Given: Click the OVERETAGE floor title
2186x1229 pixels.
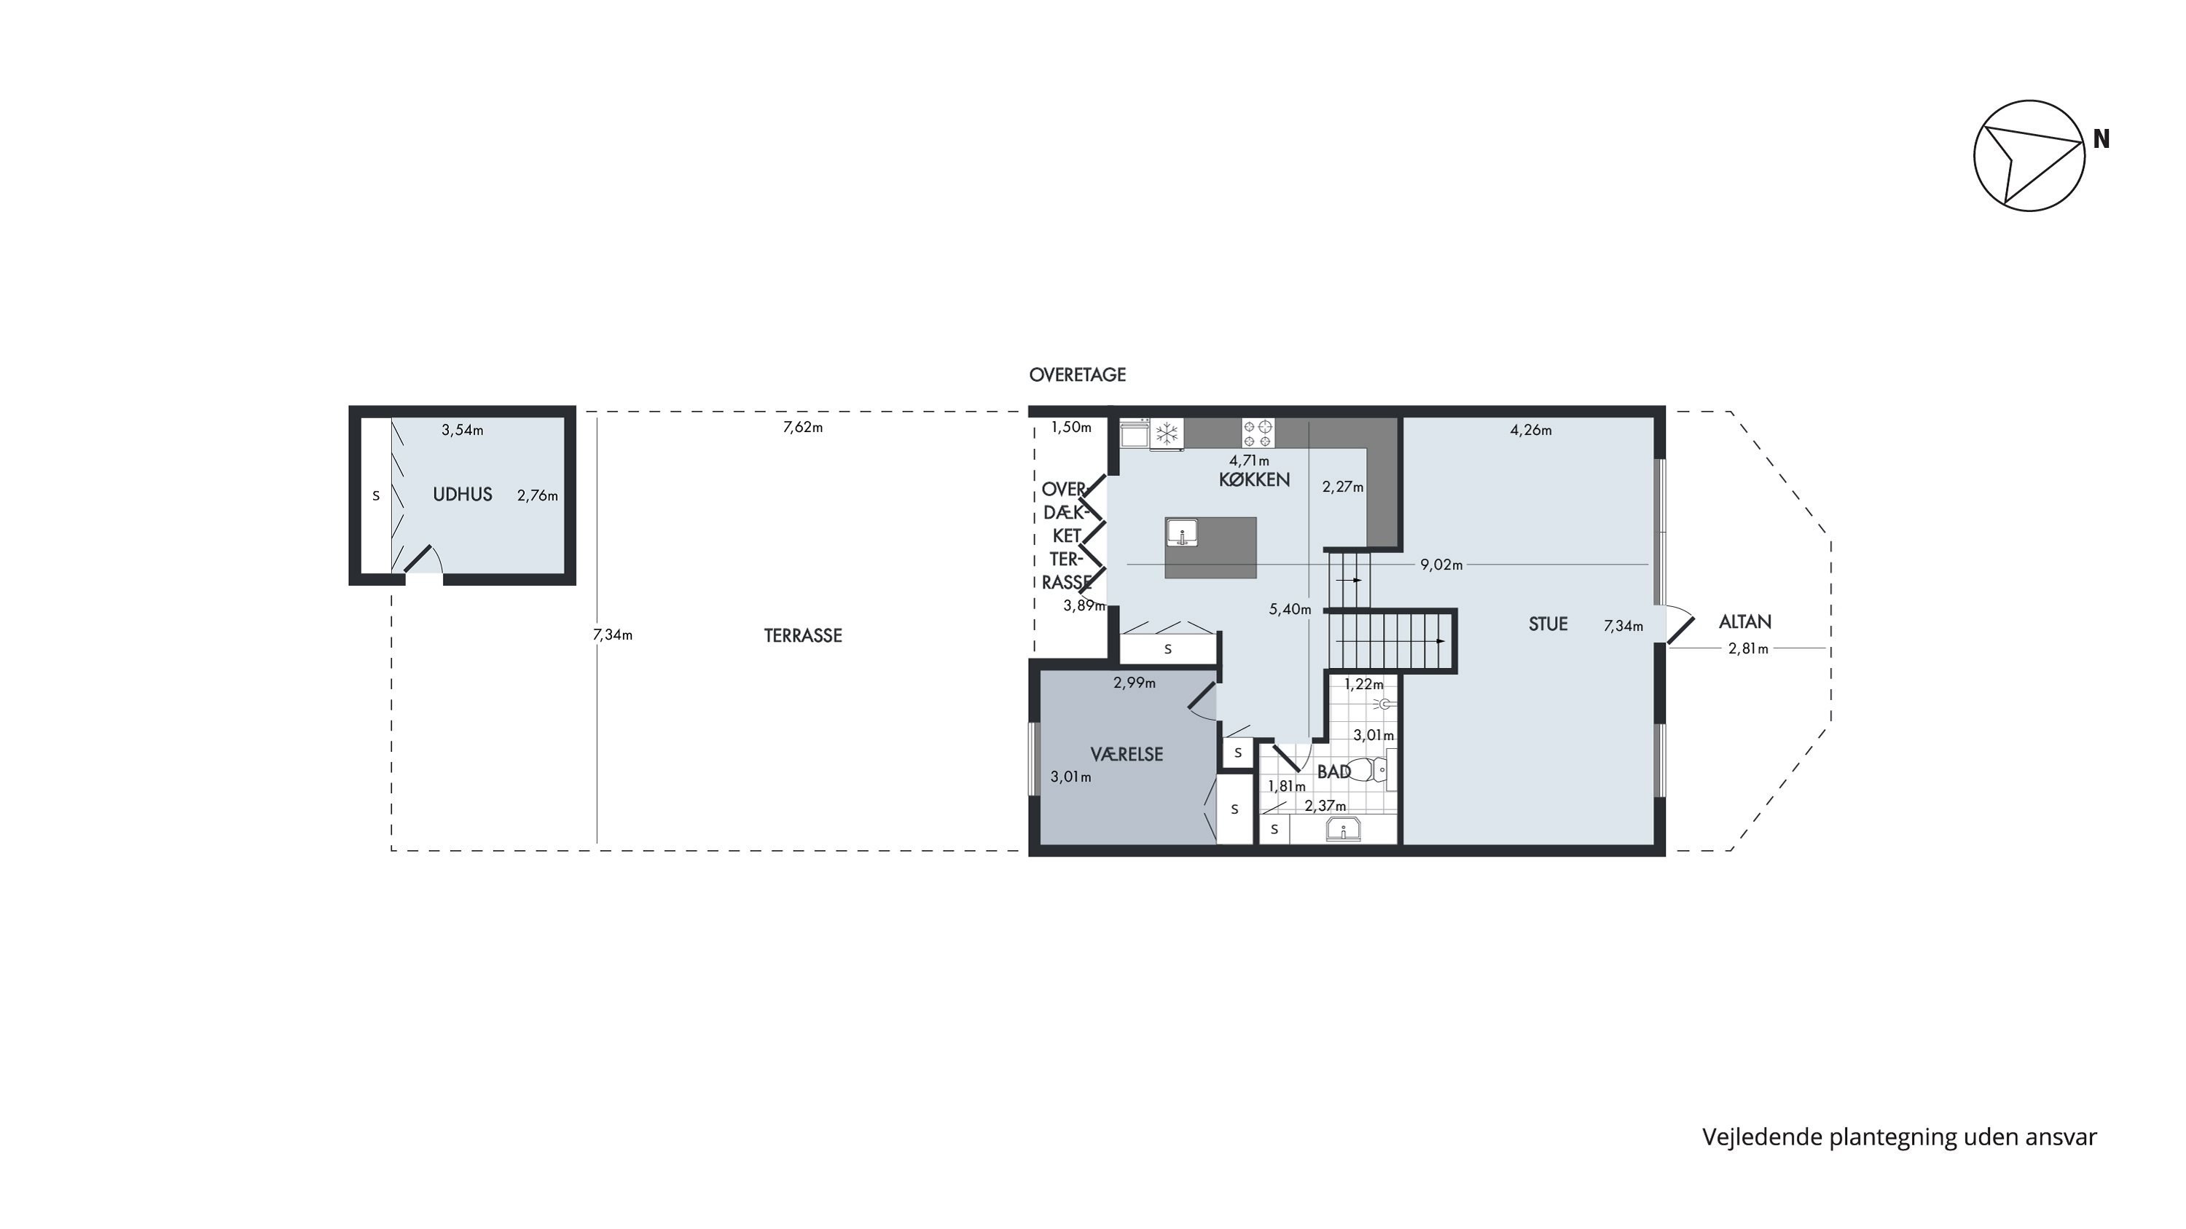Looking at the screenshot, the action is (x=1077, y=375).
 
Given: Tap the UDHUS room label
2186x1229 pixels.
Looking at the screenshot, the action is (x=463, y=495).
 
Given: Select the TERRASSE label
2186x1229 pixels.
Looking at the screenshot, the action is (x=803, y=635).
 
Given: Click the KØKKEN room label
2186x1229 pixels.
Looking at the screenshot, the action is (x=1254, y=479).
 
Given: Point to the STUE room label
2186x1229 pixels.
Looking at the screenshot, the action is (x=1548, y=624).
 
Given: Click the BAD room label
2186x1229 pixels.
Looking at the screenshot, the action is (x=1334, y=771).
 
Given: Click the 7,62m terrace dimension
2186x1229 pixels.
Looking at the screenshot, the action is (x=803, y=428).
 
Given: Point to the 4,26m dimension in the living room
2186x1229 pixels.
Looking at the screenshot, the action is (x=1531, y=430).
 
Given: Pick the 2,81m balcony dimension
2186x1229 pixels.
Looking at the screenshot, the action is (x=1748, y=649).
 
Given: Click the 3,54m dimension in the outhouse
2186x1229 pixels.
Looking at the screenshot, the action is (x=463, y=430).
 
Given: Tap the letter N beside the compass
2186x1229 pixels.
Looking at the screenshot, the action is (x=2101, y=139).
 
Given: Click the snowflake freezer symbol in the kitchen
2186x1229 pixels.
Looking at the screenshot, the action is (x=1167, y=433).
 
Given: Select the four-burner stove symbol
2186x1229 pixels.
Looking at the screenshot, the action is (x=1258, y=433).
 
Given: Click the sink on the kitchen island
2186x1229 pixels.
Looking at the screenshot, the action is (x=1181, y=533).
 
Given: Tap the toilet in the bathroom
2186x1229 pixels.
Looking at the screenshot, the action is (x=1366, y=770).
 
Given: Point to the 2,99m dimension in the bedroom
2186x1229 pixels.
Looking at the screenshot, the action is (x=1135, y=683).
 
